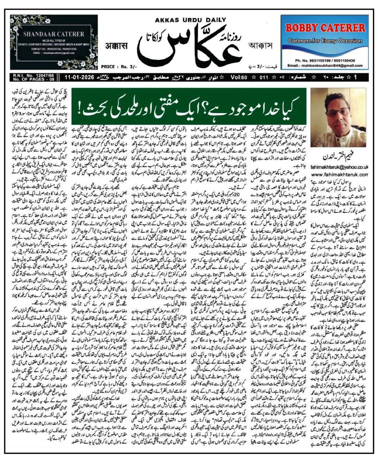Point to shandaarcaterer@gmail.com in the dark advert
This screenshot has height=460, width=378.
point(48,53)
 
